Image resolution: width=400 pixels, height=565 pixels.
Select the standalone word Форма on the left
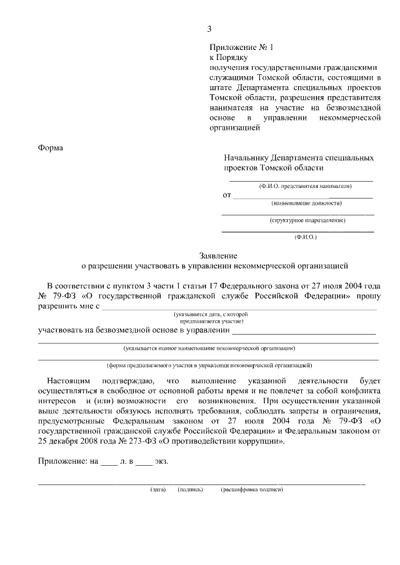click(52, 147)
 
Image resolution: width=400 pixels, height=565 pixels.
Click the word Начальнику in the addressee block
click(252, 159)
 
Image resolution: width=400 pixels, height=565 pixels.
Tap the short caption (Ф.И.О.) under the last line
click(306, 237)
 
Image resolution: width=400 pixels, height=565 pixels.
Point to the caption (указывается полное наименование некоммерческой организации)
click(209, 348)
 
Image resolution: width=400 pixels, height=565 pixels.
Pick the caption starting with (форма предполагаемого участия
click(209, 365)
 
